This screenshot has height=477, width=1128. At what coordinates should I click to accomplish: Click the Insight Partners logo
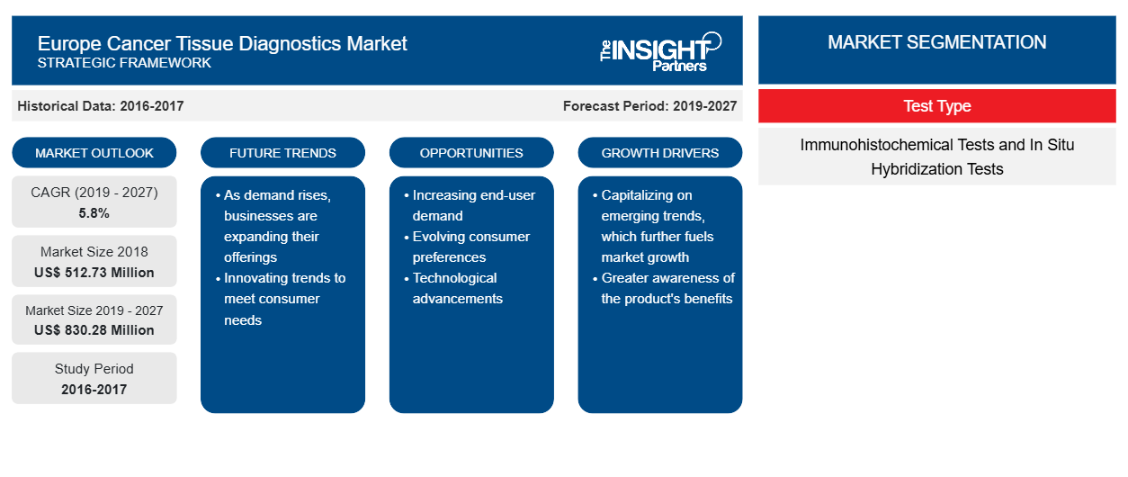[x=660, y=52]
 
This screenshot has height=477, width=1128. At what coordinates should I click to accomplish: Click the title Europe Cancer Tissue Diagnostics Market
[x=222, y=44]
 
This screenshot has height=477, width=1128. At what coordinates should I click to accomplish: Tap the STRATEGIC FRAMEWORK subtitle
[x=124, y=63]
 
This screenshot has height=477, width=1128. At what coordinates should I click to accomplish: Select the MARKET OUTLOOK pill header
[x=94, y=153]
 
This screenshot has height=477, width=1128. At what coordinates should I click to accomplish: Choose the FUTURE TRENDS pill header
[x=282, y=153]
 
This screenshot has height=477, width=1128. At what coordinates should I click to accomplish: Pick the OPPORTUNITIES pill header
[x=471, y=153]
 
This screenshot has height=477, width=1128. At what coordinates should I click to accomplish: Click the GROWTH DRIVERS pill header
[x=659, y=153]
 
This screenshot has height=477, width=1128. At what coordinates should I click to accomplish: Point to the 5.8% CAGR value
[x=94, y=213]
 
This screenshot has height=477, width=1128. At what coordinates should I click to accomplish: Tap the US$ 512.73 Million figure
[x=94, y=273]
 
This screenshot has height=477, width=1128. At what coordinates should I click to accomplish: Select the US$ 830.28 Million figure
[x=94, y=330]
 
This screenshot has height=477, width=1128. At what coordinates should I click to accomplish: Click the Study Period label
[x=94, y=369]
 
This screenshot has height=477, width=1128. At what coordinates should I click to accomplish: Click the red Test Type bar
[x=937, y=106]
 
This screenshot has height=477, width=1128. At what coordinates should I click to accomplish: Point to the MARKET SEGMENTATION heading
[x=937, y=42]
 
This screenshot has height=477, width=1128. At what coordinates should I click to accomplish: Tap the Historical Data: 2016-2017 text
[x=101, y=106]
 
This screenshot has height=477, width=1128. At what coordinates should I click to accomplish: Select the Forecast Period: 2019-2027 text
[x=649, y=106]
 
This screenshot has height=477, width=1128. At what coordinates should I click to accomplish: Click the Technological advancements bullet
[x=453, y=288]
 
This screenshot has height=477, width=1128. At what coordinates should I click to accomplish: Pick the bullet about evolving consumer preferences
[x=467, y=247]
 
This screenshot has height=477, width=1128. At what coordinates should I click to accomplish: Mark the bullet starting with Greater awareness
[x=664, y=288]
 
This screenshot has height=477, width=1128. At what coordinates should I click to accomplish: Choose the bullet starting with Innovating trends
[x=281, y=299]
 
